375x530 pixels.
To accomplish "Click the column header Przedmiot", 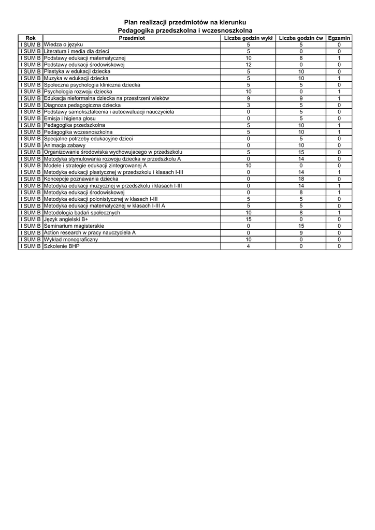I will pyautogui.click(x=132, y=38).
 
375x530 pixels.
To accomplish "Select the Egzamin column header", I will pyautogui.click(x=339, y=38).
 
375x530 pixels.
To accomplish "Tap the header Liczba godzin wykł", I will pyautogui.click(x=248, y=38).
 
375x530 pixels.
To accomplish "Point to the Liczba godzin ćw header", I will pyautogui.click(x=301, y=38).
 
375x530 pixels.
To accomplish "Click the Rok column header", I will pyautogui.click(x=31, y=38).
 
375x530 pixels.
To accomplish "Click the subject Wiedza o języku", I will pyautogui.click(x=64, y=45).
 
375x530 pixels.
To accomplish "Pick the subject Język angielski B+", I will pyautogui.click(x=66, y=219).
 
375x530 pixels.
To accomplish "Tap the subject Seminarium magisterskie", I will pyautogui.click(x=74, y=226).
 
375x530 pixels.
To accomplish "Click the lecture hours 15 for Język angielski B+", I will pyautogui.click(x=248, y=219).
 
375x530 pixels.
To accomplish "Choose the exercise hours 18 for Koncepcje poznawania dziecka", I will pyautogui.click(x=301, y=179).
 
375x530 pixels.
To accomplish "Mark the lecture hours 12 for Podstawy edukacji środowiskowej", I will pyautogui.click(x=248, y=65).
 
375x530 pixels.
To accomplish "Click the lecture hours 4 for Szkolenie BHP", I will pyautogui.click(x=248, y=246).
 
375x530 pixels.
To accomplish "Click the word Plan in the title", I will pyautogui.click(x=130, y=22).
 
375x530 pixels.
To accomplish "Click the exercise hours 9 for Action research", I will pyautogui.click(x=301, y=233).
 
